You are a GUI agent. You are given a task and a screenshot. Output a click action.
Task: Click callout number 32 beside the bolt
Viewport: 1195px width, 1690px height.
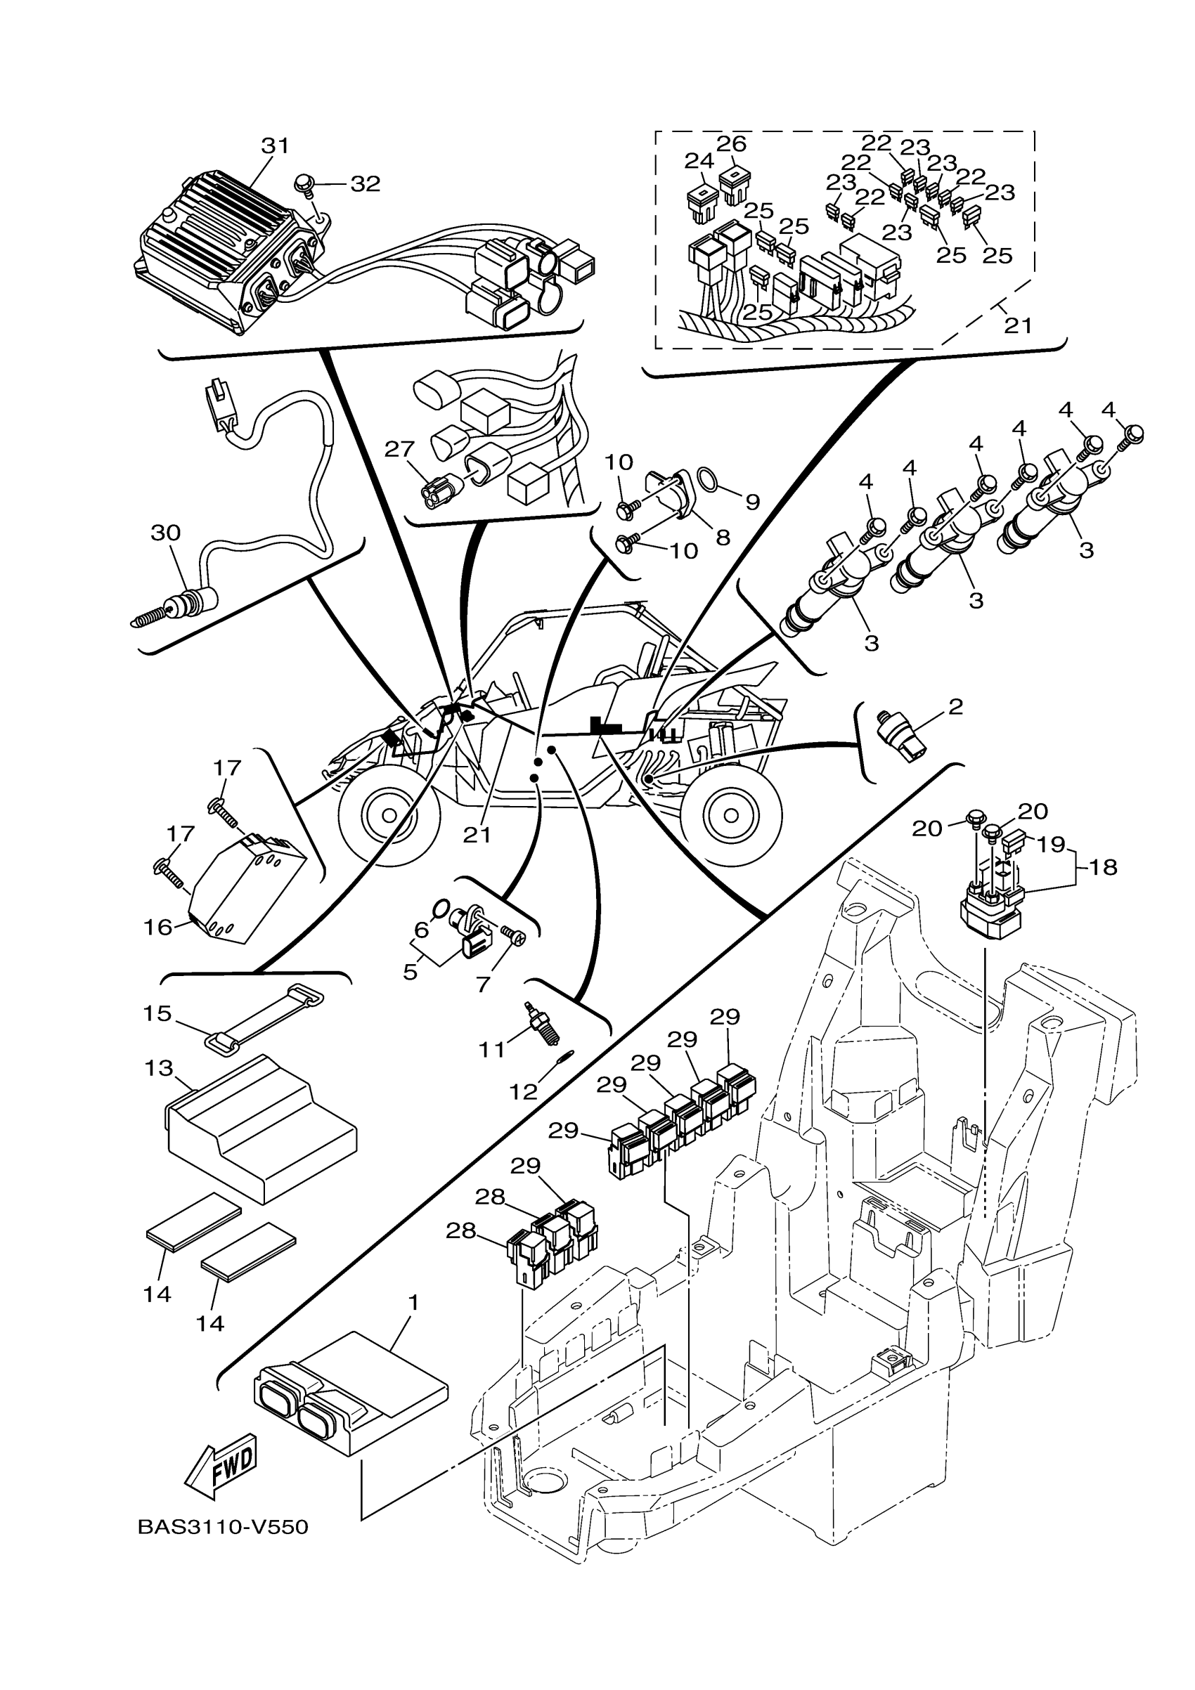tap(366, 184)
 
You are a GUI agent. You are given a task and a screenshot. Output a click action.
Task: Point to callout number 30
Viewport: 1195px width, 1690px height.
tap(166, 532)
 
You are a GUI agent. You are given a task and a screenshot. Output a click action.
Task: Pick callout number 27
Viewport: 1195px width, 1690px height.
tap(400, 449)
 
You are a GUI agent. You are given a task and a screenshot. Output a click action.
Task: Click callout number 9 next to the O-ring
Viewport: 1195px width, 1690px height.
tap(751, 502)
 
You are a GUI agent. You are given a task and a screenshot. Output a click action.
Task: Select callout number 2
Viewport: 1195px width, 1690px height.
tap(955, 708)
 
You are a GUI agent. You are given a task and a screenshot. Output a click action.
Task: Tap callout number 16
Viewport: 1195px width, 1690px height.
tap(158, 928)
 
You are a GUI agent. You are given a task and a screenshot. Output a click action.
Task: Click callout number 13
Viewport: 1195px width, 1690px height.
tap(159, 1067)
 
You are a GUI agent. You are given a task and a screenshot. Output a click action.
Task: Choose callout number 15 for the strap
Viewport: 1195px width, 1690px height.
tap(157, 1013)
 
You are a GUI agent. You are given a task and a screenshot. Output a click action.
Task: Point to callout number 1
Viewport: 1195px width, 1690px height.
tap(413, 1303)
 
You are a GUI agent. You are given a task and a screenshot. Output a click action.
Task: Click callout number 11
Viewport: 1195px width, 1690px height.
tap(492, 1050)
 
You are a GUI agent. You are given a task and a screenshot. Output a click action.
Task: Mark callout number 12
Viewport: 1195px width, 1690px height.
tap(524, 1092)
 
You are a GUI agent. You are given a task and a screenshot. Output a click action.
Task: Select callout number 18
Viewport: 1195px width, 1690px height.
tap(1102, 868)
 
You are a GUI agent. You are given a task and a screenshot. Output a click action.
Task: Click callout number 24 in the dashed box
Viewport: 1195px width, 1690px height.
tap(699, 160)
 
